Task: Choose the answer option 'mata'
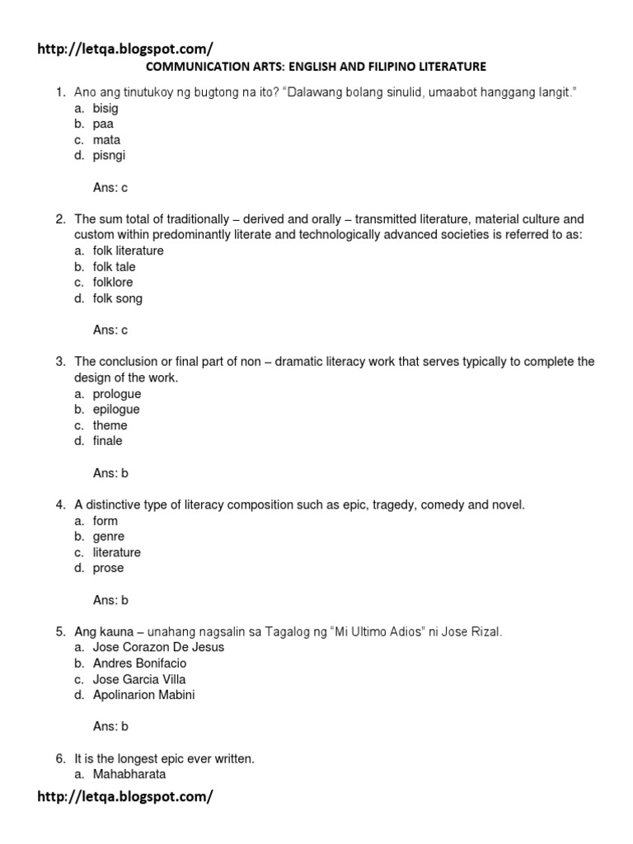coord(106,139)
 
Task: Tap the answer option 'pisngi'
coord(109,155)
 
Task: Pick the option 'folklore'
coord(113,282)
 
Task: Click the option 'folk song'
coord(117,298)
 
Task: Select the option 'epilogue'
coord(116,409)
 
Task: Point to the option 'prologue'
coord(116,393)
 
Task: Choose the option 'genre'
coord(109,536)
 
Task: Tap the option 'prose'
coord(108,568)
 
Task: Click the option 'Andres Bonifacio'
coord(139,663)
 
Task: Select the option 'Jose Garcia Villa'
coord(139,679)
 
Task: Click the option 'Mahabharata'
coord(129,774)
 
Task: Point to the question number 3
coord(60,362)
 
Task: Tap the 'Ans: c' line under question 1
coord(110,187)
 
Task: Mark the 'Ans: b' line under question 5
coord(110,726)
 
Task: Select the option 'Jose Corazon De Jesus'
coord(158,647)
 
